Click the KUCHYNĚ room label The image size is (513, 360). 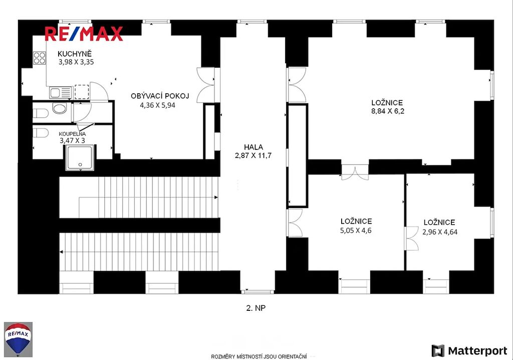(x=75, y=54)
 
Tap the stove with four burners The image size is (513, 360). (x=39, y=58)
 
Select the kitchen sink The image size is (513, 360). (x=61, y=93)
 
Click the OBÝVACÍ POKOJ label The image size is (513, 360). (x=160, y=96)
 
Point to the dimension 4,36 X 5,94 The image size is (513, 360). (x=158, y=105)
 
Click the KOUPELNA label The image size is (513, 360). (x=72, y=134)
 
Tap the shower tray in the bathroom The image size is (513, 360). (x=80, y=158)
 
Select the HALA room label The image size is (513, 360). (x=253, y=147)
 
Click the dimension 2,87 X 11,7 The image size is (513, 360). (x=253, y=155)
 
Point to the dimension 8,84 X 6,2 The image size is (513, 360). (x=388, y=111)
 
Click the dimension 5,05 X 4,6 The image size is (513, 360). (x=356, y=230)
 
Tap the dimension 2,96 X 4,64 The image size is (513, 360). (x=440, y=232)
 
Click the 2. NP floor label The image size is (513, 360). (x=256, y=308)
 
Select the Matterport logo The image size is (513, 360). (x=469, y=351)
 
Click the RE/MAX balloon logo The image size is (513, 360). (x=19, y=339)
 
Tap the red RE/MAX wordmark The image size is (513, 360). (x=84, y=34)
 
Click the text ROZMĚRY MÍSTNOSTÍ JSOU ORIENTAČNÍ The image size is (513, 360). (x=259, y=356)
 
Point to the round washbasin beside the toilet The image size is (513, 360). (x=59, y=108)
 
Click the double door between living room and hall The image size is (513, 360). (x=206, y=85)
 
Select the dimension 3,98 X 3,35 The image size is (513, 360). (x=76, y=62)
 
